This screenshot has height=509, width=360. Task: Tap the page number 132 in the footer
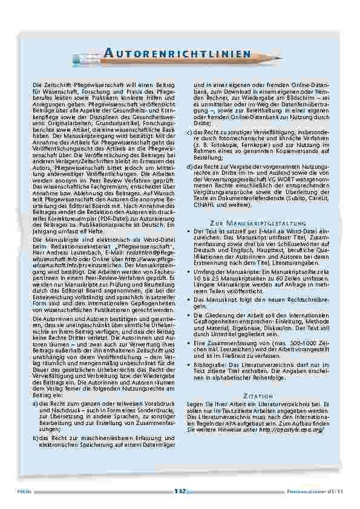coord(179,491)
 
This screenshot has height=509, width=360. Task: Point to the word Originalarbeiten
coord(57,123)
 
